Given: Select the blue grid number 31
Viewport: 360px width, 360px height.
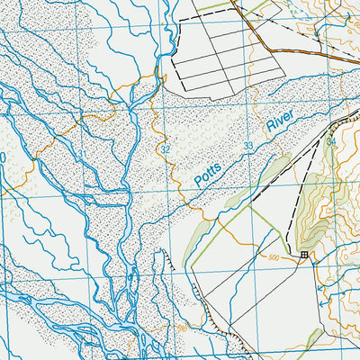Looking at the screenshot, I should pyautogui.click(x=81, y=157).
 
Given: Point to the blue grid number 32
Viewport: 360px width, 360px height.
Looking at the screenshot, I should pyautogui.click(x=166, y=148).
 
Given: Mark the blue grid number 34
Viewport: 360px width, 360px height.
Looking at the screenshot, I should pyautogui.click(x=331, y=141).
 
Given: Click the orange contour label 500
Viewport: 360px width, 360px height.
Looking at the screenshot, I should pyautogui.click(x=274, y=256).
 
